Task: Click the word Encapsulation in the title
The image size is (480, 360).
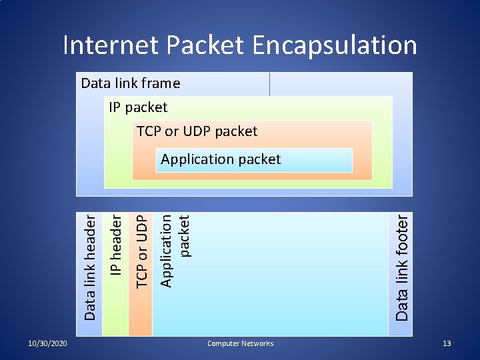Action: point(335,45)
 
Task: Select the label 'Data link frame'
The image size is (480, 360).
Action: point(131,83)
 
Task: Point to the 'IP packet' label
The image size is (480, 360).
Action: point(138,107)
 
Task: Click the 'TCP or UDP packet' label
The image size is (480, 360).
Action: point(197,131)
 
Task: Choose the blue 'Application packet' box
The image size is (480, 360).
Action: point(253,160)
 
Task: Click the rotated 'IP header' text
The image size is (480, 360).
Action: point(116,245)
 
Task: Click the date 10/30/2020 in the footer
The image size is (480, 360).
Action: point(47,343)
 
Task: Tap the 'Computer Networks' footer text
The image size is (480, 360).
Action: point(240,343)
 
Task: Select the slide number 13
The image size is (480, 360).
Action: point(447,343)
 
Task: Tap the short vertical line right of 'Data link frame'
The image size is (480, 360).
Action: point(269,84)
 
